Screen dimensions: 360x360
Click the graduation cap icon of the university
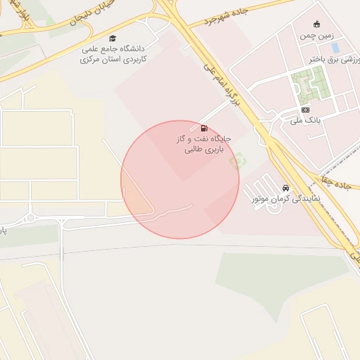(112, 38)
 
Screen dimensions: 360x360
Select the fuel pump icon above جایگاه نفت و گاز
(204, 129)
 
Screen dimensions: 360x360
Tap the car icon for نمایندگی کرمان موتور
(285, 188)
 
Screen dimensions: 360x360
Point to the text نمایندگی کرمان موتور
(286, 200)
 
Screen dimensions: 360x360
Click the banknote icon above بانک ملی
(305, 110)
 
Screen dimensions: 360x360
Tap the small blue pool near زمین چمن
(335, 48)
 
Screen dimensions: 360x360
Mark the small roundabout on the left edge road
(30, 218)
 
